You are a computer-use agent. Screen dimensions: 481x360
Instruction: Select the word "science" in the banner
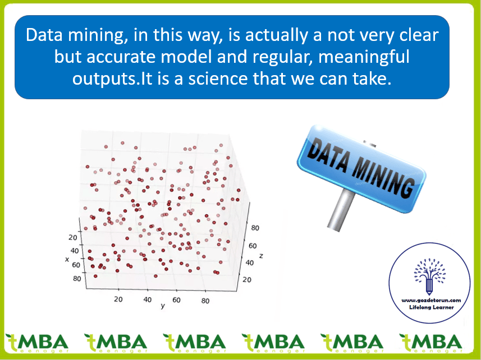point(218,79)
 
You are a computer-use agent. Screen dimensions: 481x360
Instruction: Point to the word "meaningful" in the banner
point(364,57)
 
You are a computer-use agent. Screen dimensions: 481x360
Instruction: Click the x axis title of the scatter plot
point(67,260)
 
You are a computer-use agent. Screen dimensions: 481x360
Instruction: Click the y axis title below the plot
point(163,306)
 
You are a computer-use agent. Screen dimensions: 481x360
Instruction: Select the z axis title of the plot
point(261,256)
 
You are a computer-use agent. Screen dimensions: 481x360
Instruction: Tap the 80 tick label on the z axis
point(255,228)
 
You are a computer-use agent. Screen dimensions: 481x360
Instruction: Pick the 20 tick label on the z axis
point(247,279)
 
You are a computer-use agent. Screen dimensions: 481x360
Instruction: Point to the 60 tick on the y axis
point(176,300)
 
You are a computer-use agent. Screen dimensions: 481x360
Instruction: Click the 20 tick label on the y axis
point(118,299)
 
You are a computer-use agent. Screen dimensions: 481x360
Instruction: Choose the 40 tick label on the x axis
point(75,251)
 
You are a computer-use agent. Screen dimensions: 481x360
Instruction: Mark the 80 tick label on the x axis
point(77,279)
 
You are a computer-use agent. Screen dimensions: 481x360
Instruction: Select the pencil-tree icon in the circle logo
point(429,276)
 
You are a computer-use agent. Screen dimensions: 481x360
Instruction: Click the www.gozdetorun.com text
point(431,300)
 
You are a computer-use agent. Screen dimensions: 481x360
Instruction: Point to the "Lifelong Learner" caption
point(431,307)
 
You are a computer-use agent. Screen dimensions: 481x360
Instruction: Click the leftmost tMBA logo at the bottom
point(37,343)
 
